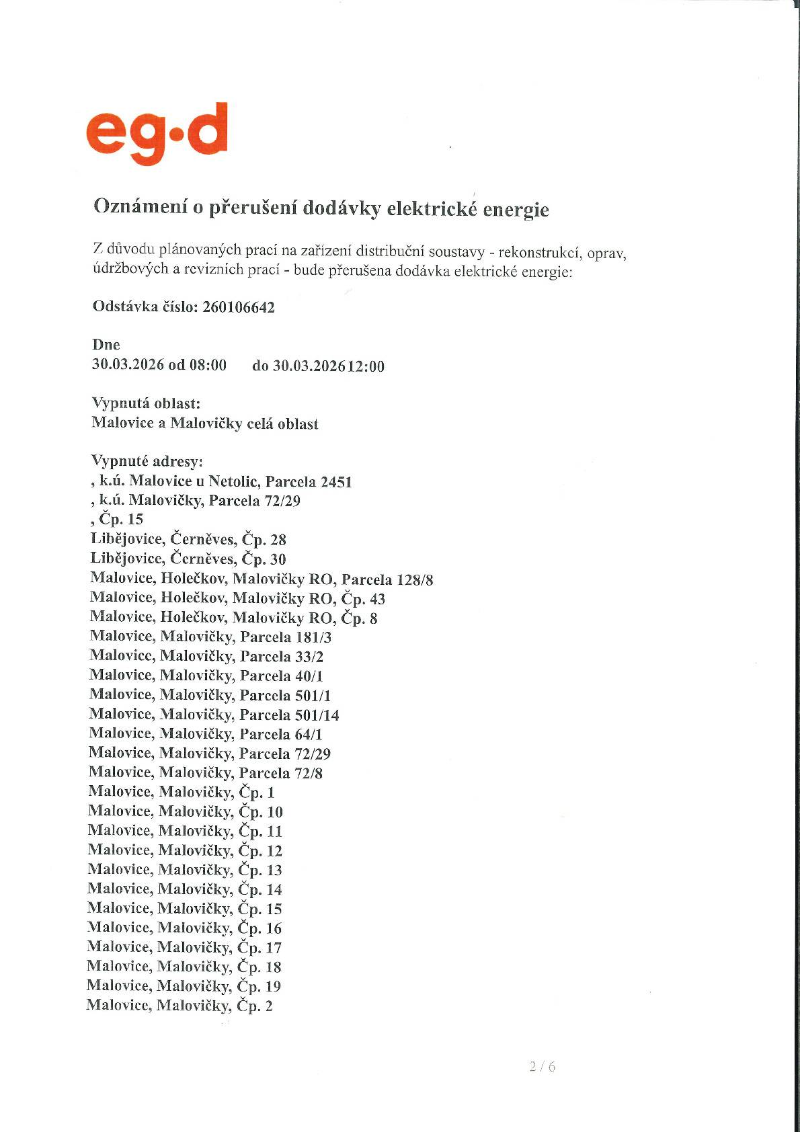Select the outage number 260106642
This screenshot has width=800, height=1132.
tap(239, 308)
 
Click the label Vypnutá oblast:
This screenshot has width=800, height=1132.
tap(146, 404)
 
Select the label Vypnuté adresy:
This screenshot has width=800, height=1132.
tap(147, 462)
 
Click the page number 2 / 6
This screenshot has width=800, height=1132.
tap(543, 1066)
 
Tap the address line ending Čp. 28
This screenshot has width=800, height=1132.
tap(189, 539)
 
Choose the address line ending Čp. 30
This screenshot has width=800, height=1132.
tap(189, 559)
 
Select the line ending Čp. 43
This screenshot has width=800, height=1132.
tap(237, 598)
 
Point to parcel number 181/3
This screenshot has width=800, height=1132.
tap(313, 637)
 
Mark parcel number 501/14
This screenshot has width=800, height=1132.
tap(317, 715)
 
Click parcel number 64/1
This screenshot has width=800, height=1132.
tap(309, 735)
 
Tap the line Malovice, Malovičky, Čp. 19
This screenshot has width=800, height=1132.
tap(184, 987)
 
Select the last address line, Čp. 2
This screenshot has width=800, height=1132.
tap(180, 1006)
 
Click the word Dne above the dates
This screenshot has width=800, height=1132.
tap(106, 345)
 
